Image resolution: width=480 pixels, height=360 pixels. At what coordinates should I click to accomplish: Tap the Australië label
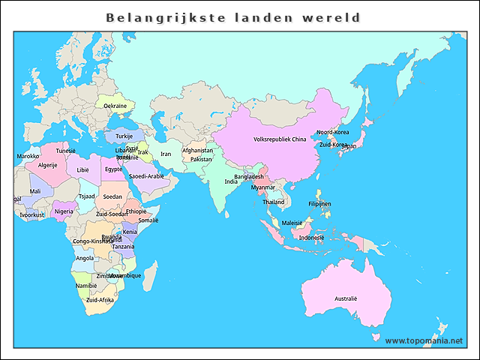click(x=346, y=298)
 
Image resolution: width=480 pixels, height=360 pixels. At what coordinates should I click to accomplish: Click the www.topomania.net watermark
click(x=424, y=340)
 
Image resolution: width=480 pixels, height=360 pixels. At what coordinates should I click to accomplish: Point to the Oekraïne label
click(x=115, y=106)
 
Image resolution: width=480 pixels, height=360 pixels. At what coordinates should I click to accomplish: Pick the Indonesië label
click(x=311, y=237)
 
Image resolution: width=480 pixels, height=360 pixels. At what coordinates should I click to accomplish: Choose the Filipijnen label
click(x=319, y=204)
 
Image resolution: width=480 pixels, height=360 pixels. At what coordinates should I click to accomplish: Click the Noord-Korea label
click(x=332, y=132)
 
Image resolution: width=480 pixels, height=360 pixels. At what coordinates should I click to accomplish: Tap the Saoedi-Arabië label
click(x=146, y=176)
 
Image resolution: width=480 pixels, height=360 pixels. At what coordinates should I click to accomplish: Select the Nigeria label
click(x=64, y=211)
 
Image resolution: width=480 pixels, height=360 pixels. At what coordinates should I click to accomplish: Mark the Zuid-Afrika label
click(x=100, y=300)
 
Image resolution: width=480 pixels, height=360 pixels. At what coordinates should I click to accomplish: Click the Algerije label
click(x=47, y=165)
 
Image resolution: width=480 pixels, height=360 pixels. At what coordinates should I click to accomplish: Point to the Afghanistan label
click(x=198, y=151)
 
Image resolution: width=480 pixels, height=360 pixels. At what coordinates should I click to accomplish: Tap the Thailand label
click(x=274, y=202)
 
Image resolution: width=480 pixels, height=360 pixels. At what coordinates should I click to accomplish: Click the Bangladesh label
click(x=249, y=177)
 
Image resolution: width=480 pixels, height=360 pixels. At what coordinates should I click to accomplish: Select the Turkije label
click(x=124, y=136)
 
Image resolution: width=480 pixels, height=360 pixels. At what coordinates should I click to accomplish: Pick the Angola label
click(x=85, y=259)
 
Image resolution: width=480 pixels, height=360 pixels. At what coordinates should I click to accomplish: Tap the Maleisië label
click(x=292, y=223)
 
